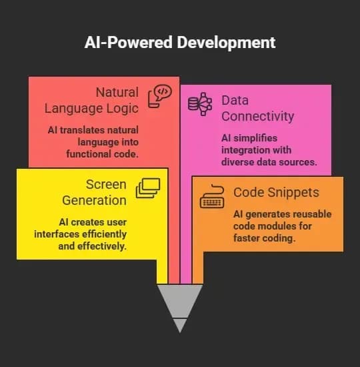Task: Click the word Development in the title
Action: (226, 43)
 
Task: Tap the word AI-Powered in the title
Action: (129, 42)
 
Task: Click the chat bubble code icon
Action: (160, 96)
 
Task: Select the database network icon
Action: (200, 104)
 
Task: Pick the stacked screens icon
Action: (148, 188)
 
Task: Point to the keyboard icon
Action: (212, 196)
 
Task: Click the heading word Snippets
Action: (293, 193)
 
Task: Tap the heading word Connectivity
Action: (257, 116)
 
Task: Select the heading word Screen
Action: (106, 184)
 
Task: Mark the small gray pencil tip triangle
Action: (180, 326)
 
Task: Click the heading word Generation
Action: (94, 201)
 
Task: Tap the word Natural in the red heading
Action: (117, 92)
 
